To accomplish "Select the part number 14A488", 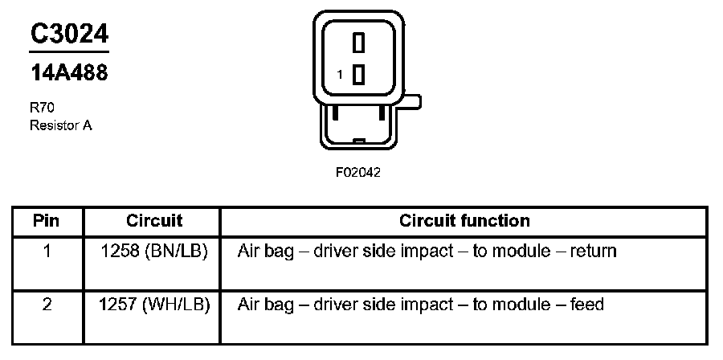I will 69,73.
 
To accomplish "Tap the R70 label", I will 42,107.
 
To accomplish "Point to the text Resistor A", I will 60,125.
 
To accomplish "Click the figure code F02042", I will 358,172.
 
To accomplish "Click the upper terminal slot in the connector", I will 359,42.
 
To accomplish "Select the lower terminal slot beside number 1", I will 359,74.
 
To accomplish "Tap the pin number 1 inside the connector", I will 340,75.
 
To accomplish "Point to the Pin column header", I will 47,220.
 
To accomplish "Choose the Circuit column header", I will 154,220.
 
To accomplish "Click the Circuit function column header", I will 464,220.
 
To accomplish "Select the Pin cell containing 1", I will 47,252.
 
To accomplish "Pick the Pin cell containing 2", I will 47,305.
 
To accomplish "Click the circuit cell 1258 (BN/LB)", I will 154,252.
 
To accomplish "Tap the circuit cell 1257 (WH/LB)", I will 154,305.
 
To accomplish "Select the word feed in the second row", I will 586,305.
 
